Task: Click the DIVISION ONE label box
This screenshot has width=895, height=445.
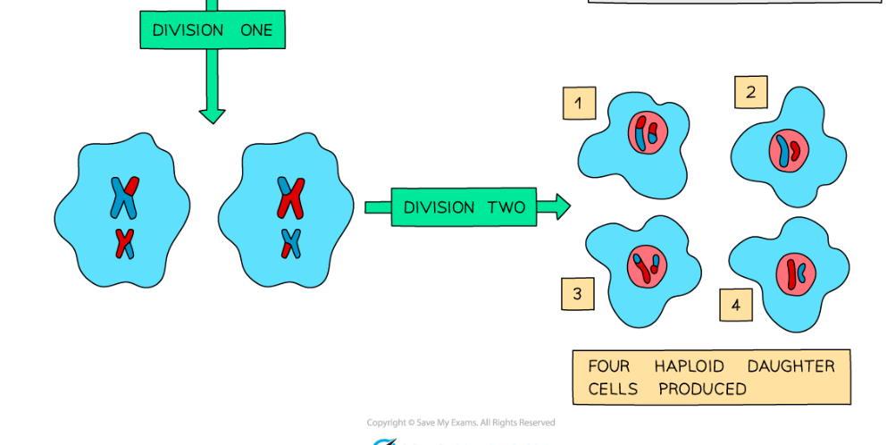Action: (212, 30)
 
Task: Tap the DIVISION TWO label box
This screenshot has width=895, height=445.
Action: (464, 207)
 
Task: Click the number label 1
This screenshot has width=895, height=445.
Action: (578, 104)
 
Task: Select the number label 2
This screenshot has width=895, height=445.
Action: (750, 92)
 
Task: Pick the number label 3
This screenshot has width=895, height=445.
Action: (577, 293)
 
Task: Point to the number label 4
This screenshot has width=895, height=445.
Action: (735, 306)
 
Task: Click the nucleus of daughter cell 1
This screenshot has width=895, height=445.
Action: (647, 133)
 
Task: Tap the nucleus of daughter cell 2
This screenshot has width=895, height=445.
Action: (789, 150)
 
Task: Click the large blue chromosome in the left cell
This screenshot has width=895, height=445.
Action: (123, 197)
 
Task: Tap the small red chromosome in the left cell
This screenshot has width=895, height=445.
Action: (125, 243)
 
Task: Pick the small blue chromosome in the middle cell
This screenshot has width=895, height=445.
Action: (290, 243)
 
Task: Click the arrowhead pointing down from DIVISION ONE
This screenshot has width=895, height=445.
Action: (212, 115)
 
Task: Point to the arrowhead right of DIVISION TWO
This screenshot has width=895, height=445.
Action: (560, 207)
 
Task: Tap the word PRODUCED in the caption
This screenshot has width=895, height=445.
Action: (702, 389)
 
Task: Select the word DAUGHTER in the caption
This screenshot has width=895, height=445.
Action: (790, 366)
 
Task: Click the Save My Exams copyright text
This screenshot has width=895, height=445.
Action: (460, 423)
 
